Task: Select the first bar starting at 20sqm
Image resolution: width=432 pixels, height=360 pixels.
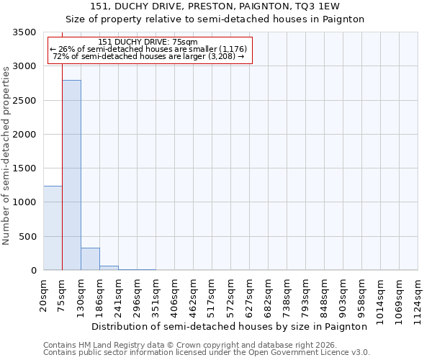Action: click(53, 228)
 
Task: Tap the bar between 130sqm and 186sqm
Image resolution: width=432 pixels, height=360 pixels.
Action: click(90, 258)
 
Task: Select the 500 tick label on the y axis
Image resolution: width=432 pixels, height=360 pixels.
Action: click(29, 237)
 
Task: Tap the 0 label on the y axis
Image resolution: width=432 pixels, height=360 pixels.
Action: click(34, 271)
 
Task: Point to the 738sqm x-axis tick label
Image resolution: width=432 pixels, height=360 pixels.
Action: click(287, 295)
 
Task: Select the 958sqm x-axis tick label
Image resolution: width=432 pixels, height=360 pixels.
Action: click(361, 295)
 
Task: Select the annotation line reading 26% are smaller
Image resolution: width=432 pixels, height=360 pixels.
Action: click(150, 49)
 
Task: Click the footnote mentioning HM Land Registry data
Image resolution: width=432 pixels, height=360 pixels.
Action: click(186, 345)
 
